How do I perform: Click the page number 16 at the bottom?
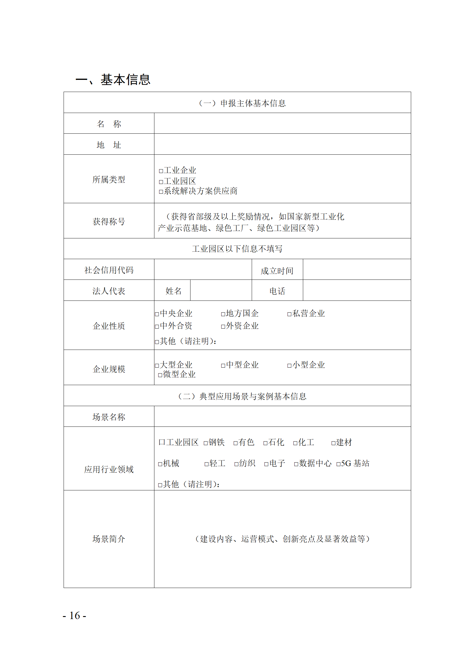click(75, 615)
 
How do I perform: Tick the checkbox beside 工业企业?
click(161, 171)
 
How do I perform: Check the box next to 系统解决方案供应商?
click(161, 192)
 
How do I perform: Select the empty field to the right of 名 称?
click(282, 123)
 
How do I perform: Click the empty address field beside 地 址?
click(282, 144)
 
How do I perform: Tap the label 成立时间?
click(277, 271)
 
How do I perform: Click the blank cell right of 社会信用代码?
click(203, 269)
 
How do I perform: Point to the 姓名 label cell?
click(173, 291)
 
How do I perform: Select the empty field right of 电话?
click(357, 290)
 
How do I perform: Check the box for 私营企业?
click(289, 314)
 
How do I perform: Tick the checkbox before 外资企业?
click(223, 327)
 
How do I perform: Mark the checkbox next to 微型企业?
click(160, 375)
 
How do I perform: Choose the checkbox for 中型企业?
click(223, 366)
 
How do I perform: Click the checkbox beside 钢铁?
click(206, 443)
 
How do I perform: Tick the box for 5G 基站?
click(338, 464)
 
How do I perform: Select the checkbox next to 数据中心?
click(296, 464)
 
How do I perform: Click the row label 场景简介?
click(109, 539)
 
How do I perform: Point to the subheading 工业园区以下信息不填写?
click(237, 249)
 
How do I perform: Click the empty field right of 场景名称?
click(282, 416)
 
